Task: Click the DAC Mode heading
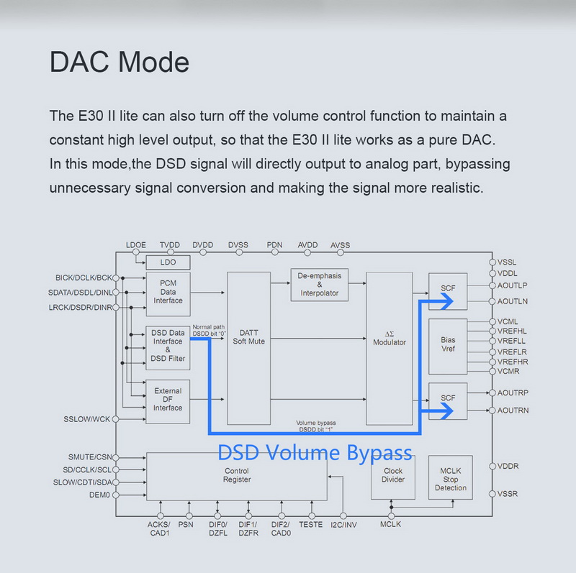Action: point(119,62)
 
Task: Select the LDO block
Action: point(167,262)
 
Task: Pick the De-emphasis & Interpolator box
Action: point(320,285)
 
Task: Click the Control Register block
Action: point(236,475)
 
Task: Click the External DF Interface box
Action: point(167,400)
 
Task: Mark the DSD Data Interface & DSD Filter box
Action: point(167,345)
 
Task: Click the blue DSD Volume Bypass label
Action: point(315,452)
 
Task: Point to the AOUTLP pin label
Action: point(513,285)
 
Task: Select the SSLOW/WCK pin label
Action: point(87,419)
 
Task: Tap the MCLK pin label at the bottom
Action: point(390,524)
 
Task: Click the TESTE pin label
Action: point(311,524)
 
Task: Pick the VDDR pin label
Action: point(508,466)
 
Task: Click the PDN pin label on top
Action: point(274,245)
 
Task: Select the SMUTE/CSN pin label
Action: point(89,457)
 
